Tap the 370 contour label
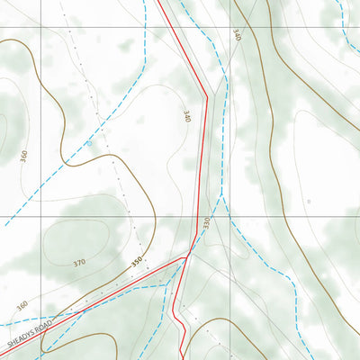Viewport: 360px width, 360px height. pos(79,263)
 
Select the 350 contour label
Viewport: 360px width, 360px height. pos(136,262)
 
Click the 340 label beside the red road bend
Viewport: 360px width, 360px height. pos(187,117)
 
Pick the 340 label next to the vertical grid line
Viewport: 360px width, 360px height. pos(236,35)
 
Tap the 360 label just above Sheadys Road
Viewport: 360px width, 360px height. pos(22,307)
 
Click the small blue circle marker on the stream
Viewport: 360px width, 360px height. pos(89,142)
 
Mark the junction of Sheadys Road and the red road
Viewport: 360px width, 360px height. pos(186,257)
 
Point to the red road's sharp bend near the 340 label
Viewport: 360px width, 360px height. pos(208,96)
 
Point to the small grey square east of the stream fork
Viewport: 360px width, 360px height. pos(308,201)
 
